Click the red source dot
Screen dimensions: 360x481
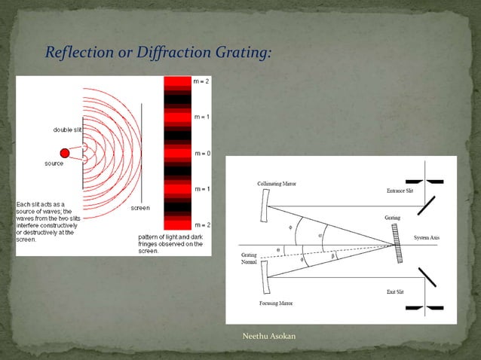(64, 154)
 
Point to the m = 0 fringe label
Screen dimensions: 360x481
(201, 153)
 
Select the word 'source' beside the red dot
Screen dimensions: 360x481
(54, 163)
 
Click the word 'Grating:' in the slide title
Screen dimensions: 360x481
(239, 53)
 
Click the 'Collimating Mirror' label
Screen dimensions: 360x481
(276, 185)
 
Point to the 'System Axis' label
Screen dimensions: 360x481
(430, 238)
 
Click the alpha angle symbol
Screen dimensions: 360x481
(320, 234)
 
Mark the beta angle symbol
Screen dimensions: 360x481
(335, 256)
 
